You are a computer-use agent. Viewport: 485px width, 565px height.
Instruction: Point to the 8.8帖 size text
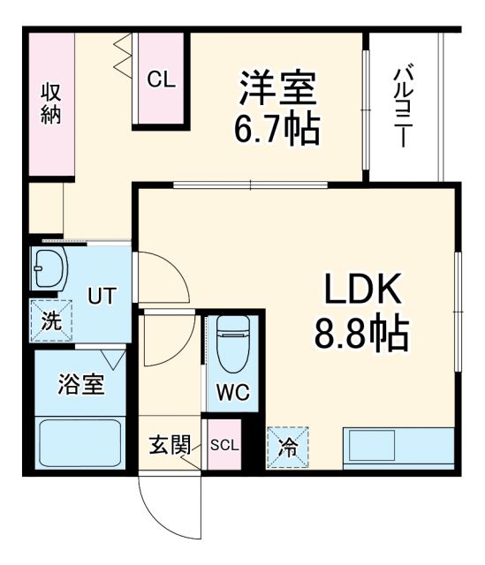click(361, 333)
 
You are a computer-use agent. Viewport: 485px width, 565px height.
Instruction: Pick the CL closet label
click(162, 79)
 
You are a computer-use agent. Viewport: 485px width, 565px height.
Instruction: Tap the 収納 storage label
click(49, 103)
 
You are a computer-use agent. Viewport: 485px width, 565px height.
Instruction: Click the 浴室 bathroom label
click(81, 385)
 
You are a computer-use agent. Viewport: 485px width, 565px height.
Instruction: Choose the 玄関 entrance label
click(170, 445)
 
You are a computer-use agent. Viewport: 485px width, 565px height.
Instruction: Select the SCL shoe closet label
click(224, 445)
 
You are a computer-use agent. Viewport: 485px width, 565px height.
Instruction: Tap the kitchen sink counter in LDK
click(398, 447)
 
